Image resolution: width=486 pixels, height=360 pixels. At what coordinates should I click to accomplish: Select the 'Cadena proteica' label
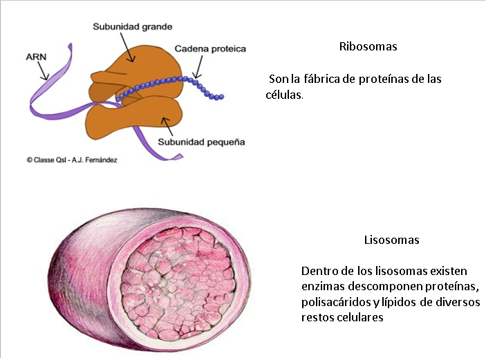point(210,49)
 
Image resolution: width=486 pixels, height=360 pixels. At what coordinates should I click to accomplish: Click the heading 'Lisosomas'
point(391,240)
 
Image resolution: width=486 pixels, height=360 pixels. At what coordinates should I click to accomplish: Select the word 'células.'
point(284,95)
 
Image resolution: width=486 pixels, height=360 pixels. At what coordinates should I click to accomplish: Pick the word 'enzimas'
point(323,286)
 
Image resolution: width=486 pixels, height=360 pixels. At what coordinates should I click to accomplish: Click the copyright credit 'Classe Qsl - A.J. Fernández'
point(72,160)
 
